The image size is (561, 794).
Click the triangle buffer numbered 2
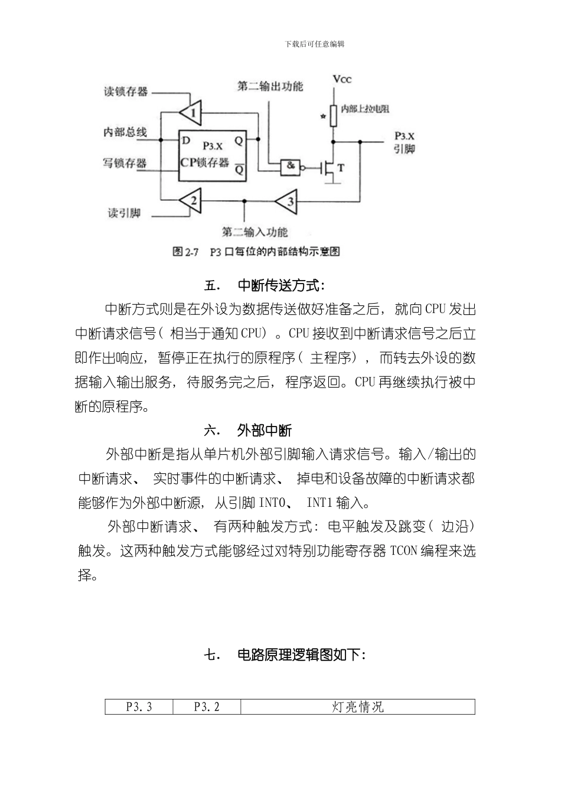point(191,201)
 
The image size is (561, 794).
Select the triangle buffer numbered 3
point(288,201)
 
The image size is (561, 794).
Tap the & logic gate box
point(291,166)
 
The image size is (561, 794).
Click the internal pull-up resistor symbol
point(334,115)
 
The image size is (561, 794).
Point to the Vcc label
point(341,79)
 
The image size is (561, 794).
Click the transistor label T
point(341,168)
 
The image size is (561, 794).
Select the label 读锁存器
point(125,92)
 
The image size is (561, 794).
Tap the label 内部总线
point(125,132)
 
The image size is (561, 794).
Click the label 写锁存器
point(125,163)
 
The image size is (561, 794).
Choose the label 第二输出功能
point(270,86)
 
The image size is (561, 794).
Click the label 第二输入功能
point(255,232)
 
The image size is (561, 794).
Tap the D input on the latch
point(186,141)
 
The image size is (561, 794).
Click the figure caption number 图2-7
point(185,252)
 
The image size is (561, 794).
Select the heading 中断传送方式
point(280,286)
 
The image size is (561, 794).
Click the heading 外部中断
point(264,430)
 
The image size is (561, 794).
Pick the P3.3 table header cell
point(139,707)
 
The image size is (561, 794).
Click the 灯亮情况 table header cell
point(358,707)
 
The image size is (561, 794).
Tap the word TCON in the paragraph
point(404,551)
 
